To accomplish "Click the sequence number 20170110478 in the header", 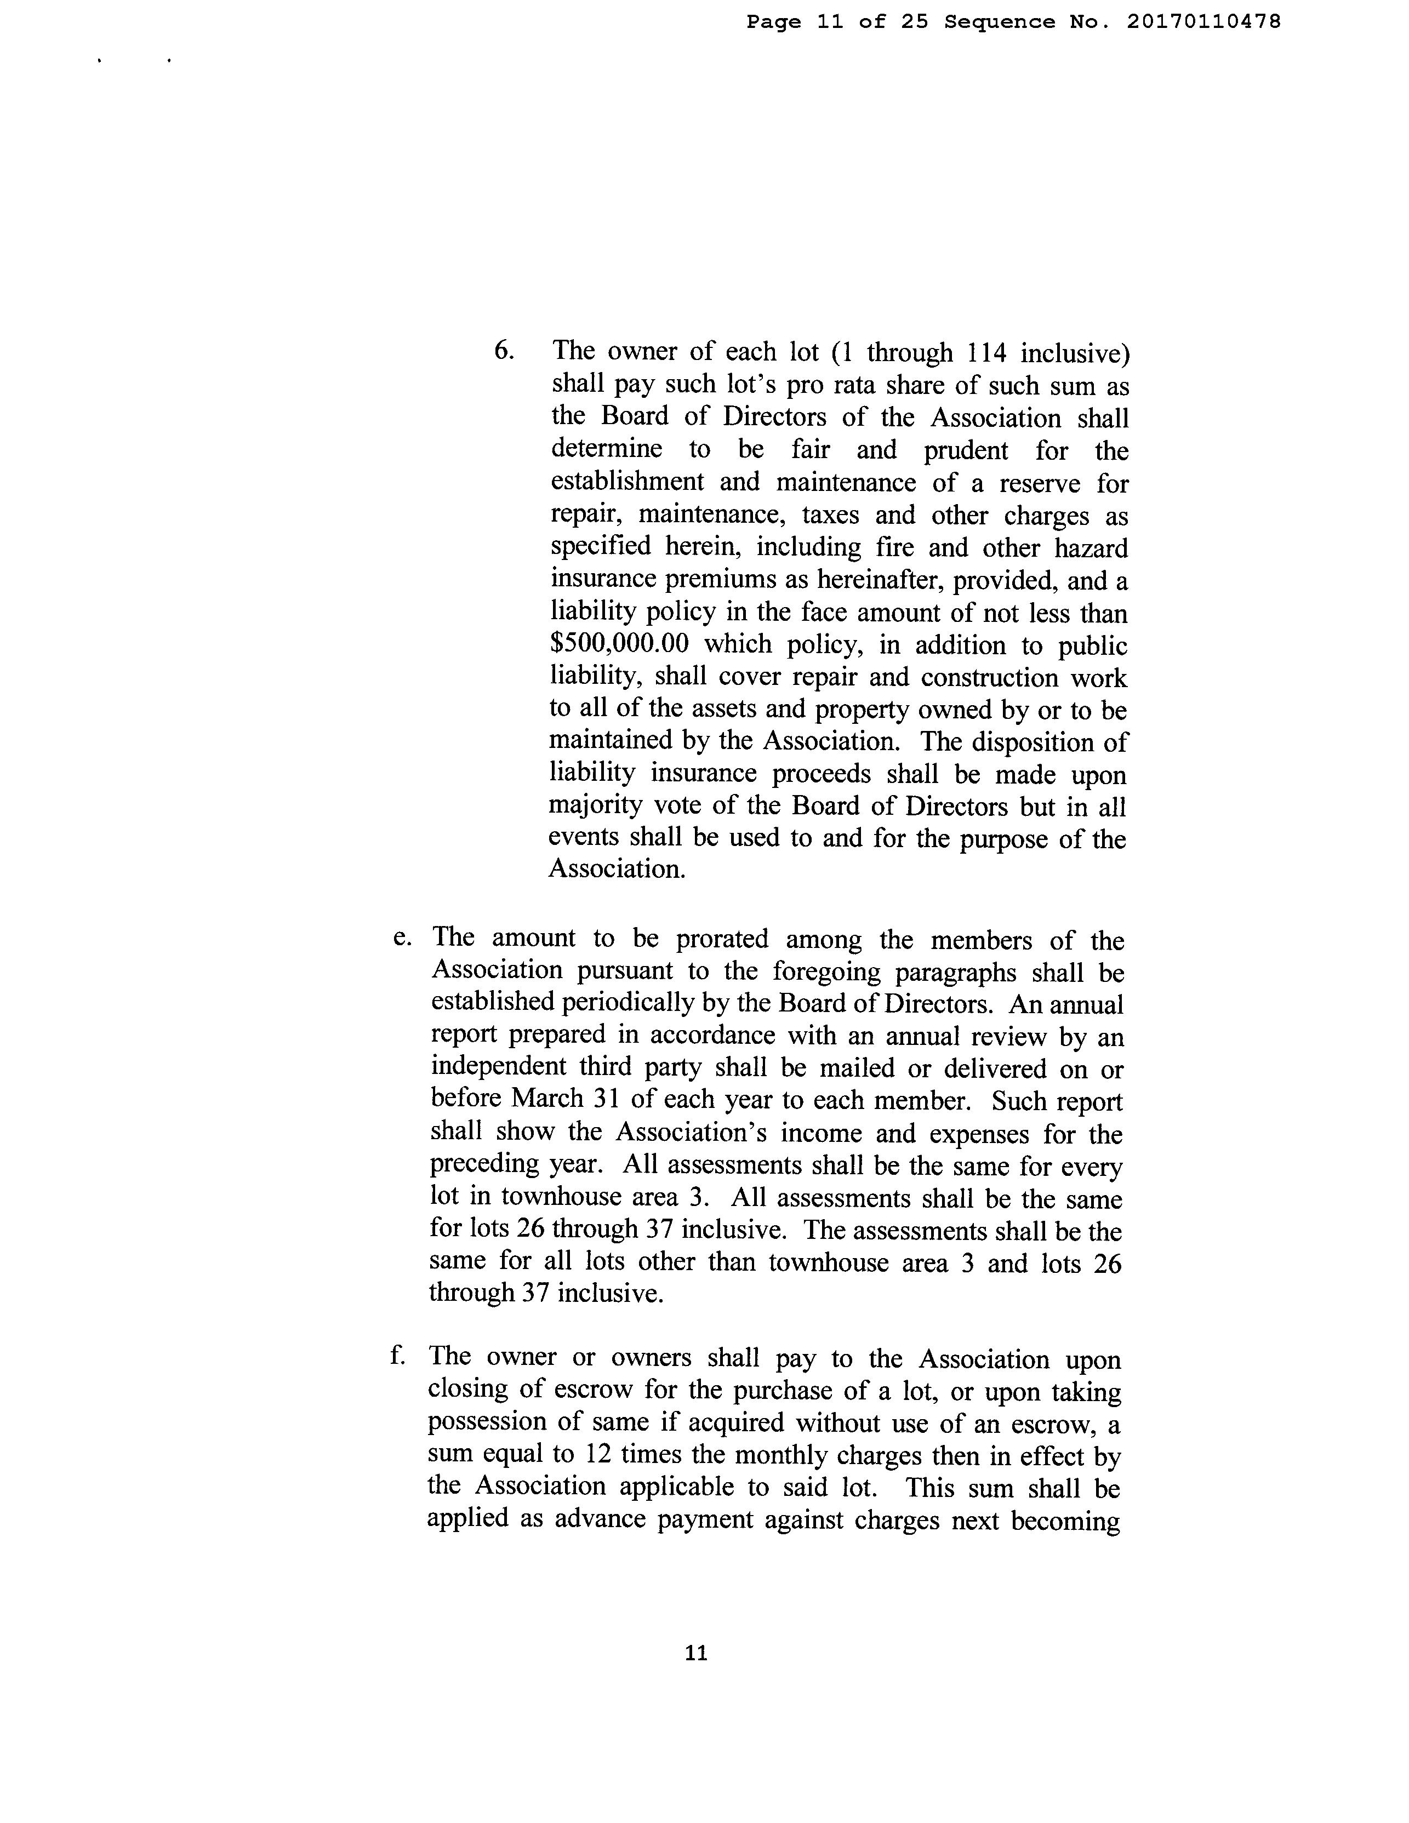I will [1203, 22].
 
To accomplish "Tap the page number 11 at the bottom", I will [696, 1653].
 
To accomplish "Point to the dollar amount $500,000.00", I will [619, 645].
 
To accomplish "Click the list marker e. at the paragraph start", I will [402, 938].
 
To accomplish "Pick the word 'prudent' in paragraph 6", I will [965, 451].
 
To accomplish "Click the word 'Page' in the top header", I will [773, 22].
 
